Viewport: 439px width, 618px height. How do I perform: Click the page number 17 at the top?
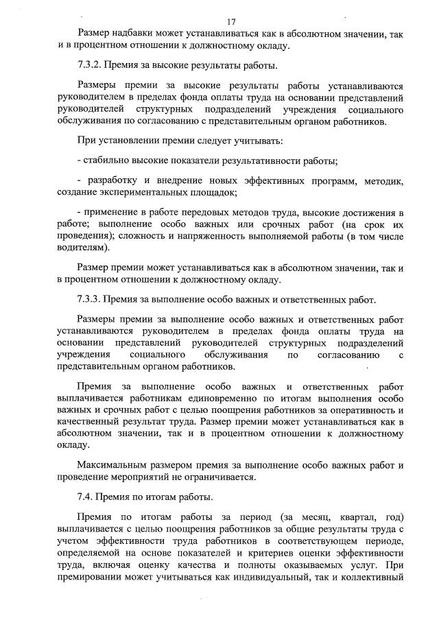pos(231,22)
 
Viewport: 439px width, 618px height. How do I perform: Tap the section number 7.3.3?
pos(90,300)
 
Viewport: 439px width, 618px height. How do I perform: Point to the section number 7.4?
pos(86,497)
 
